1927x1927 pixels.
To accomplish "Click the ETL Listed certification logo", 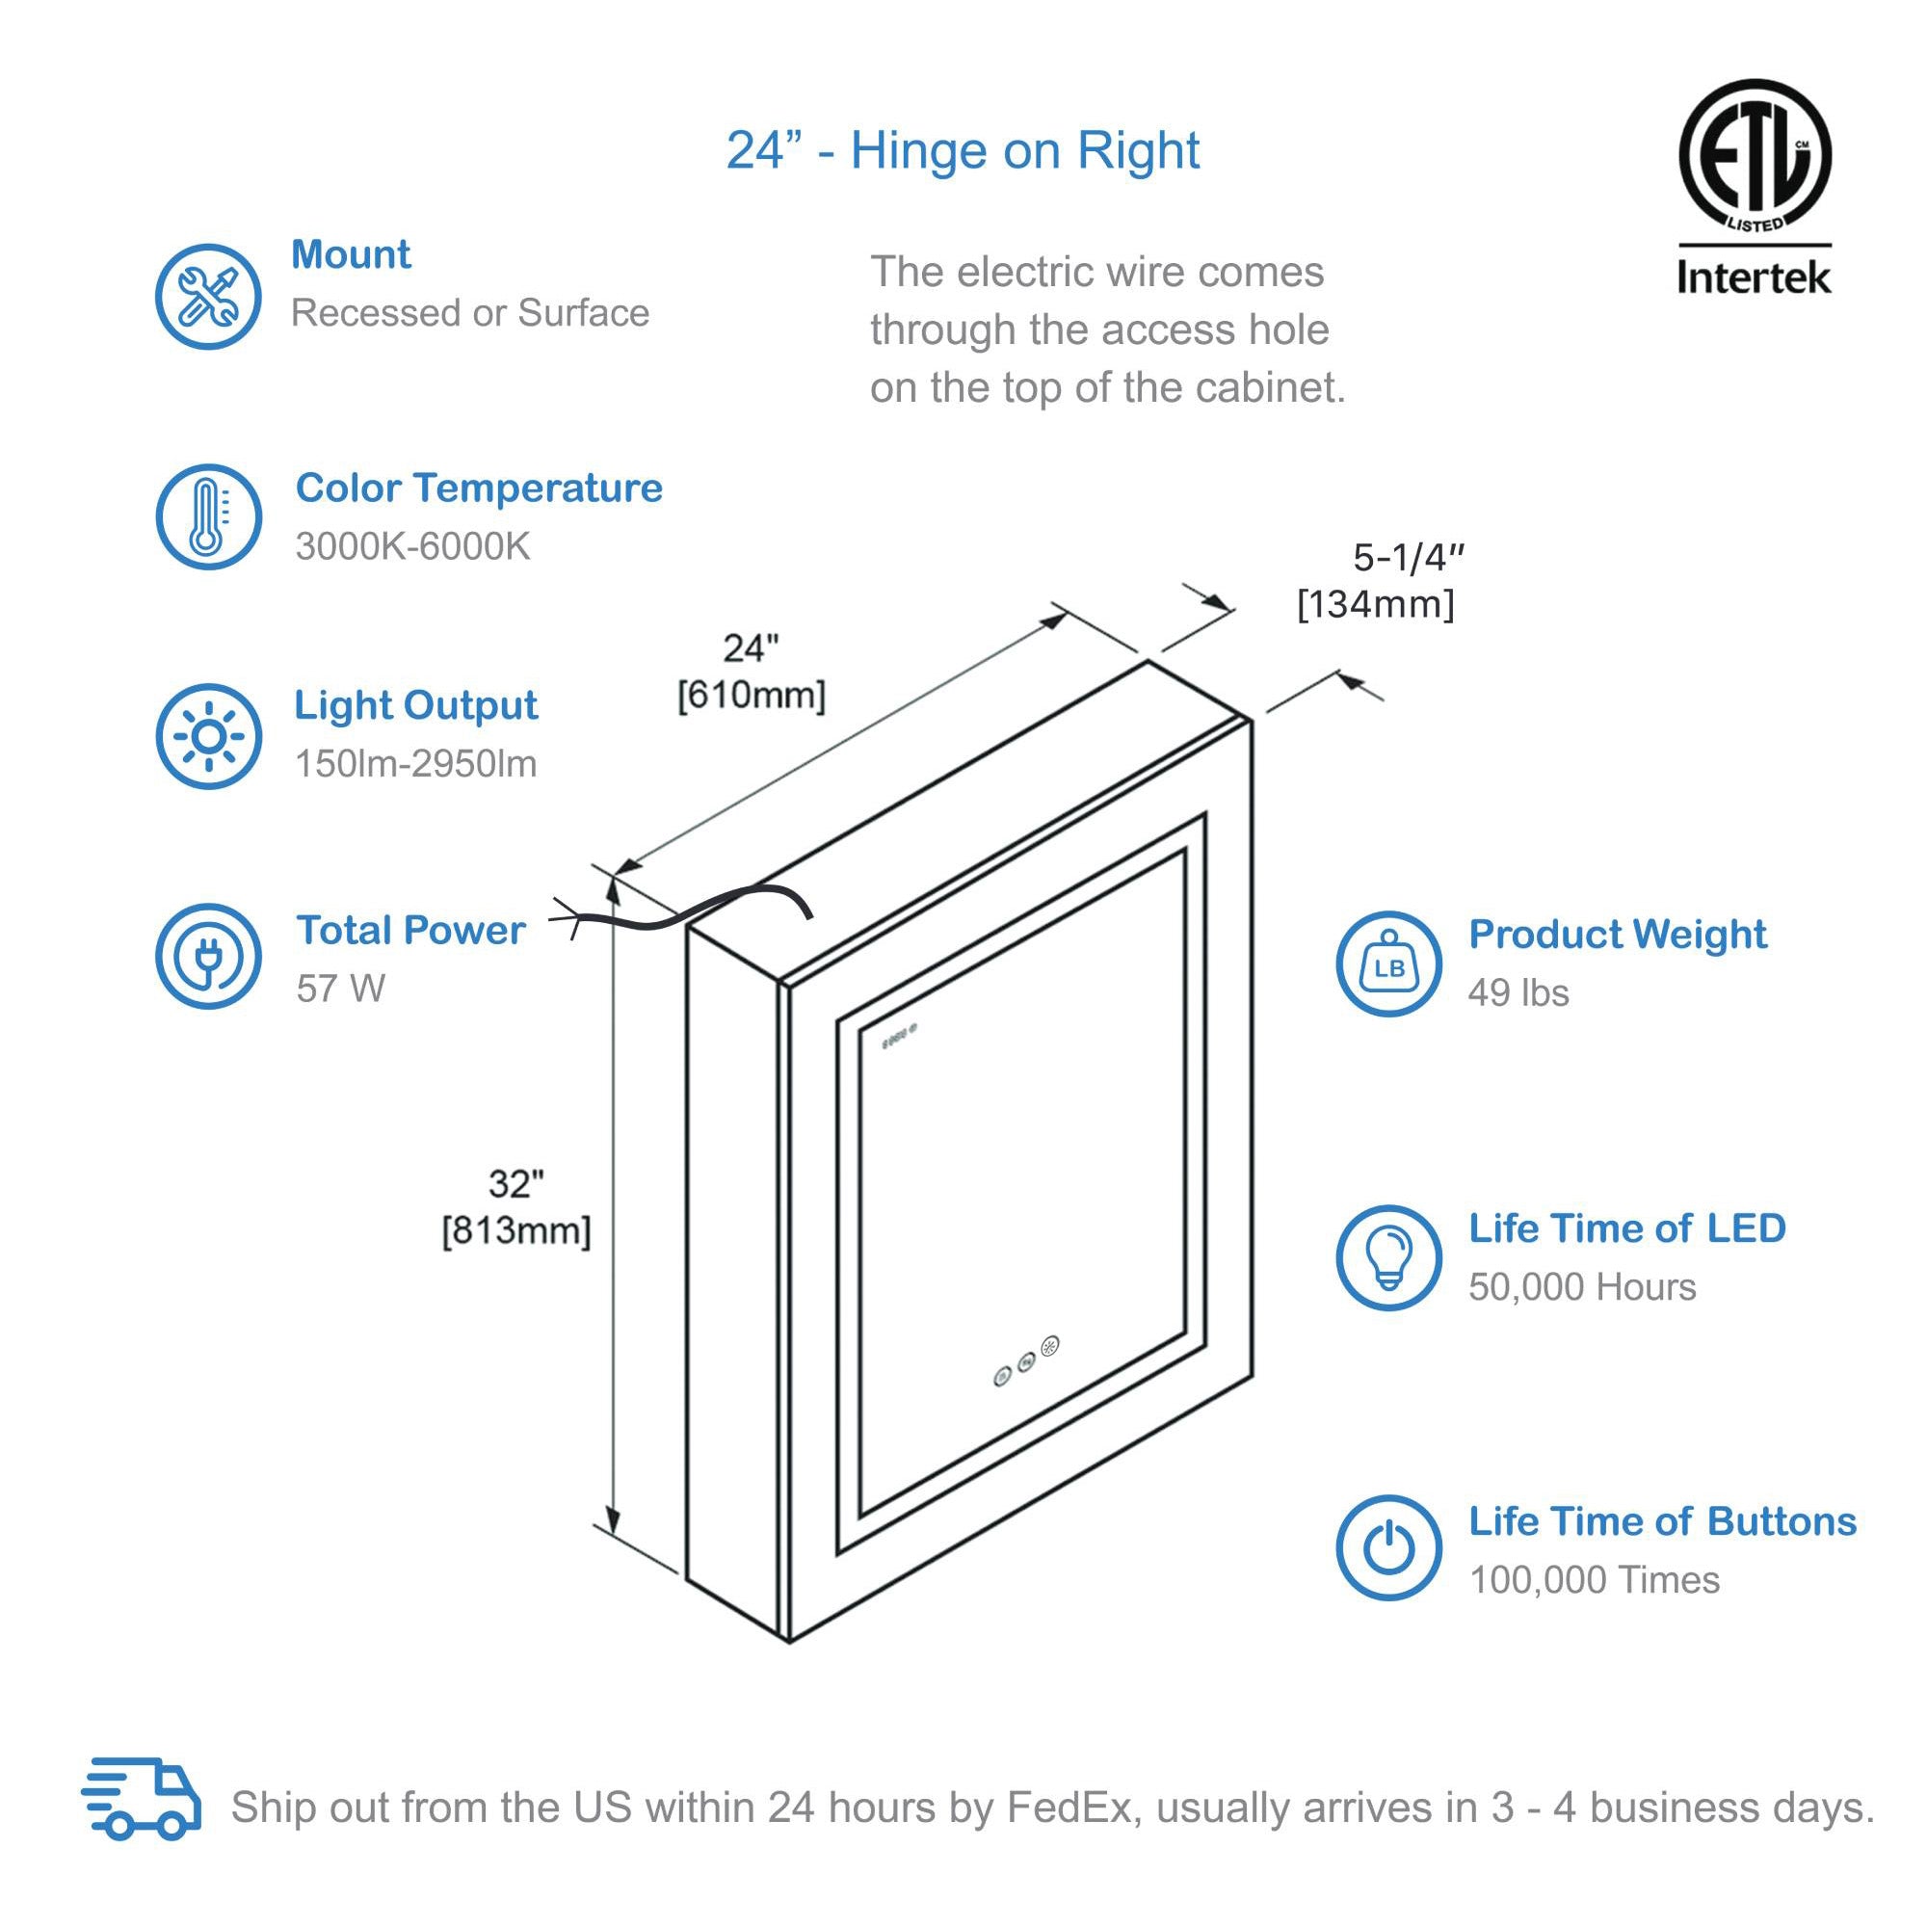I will [1755, 157].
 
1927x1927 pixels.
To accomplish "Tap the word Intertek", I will [1754, 277].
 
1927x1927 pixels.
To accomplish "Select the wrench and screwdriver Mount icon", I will [207, 296].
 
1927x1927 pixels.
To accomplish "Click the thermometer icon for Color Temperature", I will [207, 516].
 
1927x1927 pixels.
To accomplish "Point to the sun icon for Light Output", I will [207, 736].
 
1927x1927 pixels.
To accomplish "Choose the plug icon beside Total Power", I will [207, 957].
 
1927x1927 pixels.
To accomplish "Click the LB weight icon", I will [1388, 964].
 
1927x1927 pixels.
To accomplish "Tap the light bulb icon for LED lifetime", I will [1388, 1257].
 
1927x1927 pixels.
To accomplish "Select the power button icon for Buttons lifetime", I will [1388, 1549].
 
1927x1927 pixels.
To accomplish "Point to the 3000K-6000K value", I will [412, 546].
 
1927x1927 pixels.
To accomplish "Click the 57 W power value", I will [340, 989].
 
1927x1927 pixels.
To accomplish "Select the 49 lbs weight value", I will [1518, 992].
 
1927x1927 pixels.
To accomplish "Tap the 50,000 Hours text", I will [1582, 1286].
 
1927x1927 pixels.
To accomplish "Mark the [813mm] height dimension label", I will [516, 1230].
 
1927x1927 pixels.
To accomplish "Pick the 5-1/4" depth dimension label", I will [1408, 558].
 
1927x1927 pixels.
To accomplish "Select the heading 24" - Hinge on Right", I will [963, 150].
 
